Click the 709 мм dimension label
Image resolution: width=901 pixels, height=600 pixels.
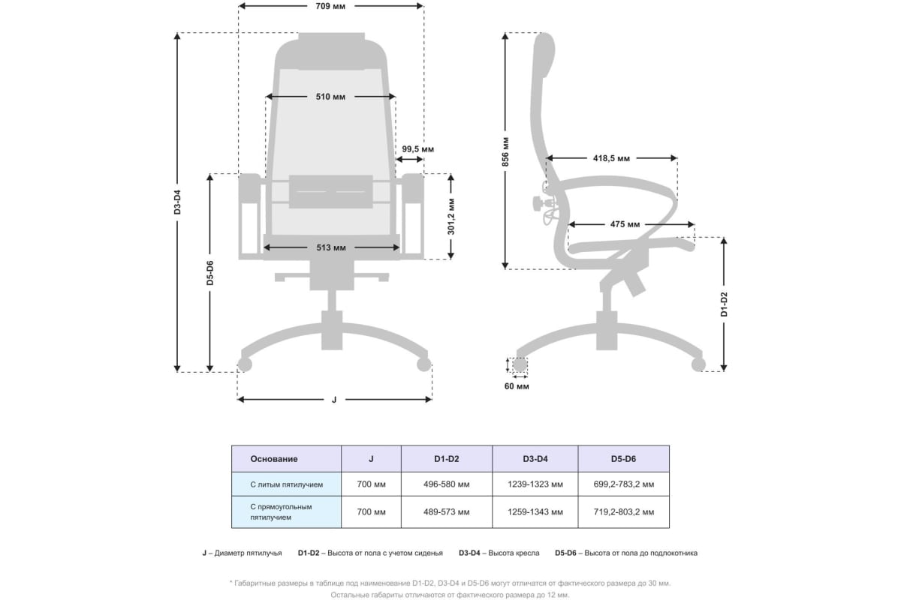click(x=330, y=6)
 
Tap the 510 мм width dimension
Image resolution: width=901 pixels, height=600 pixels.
click(x=330, y=97)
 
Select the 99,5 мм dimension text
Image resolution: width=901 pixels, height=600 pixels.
click(x=417, y=149)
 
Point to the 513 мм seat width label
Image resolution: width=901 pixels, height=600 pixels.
click(x=331, y=247)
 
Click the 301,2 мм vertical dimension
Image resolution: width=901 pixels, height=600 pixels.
click(x=450, y=217)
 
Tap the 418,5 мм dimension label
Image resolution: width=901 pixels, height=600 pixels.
click(x=610, y=159)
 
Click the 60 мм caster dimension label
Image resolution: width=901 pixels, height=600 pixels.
click(x=517, y=386)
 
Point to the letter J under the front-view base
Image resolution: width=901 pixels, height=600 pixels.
click(x=334, y=400)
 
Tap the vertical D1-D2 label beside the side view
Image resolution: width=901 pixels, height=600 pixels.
click(x=724, y=303)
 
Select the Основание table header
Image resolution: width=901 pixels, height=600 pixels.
click(x=274, y=459)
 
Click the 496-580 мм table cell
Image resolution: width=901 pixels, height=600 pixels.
click(x=447, y=484)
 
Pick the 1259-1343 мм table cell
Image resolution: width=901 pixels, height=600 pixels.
click(x=535, y=512)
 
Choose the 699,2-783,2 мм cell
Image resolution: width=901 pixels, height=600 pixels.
click(x=623, y=484)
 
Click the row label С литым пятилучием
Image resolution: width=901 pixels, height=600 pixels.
click(x=287, y=484)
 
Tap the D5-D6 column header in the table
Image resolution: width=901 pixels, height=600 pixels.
click(x=623, y=459)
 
